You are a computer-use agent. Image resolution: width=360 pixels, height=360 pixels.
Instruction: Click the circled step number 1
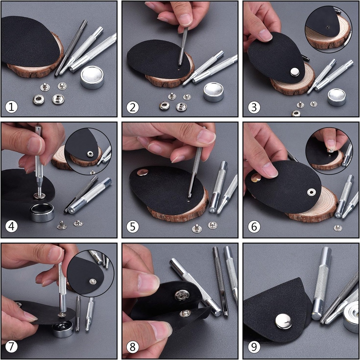tap(12, 107)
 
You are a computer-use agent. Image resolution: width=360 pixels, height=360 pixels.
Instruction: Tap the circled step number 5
tap(132, 227)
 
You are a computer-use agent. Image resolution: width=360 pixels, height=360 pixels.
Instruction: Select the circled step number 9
tap(254, 347)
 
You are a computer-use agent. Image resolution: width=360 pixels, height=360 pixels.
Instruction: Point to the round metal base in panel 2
tap(214, 92)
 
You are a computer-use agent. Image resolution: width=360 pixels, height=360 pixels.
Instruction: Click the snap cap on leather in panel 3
tap(294, 72)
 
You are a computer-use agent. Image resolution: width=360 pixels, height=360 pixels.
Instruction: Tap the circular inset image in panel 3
tap(328, 28)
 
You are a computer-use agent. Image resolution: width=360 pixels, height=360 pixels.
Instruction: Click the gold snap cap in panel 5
tap(143, 172)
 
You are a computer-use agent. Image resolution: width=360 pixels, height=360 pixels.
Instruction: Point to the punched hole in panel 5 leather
tap(189, 202)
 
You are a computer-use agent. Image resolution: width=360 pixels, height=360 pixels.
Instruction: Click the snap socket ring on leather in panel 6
tap(311, 192)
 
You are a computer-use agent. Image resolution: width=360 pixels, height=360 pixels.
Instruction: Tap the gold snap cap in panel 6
tap(256, 178)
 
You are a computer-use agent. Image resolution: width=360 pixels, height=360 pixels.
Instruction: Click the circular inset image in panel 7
tap(90, 274)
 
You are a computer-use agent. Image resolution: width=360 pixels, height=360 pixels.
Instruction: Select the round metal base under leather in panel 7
tap(63, 329)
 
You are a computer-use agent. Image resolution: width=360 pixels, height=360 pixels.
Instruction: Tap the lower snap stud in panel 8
tap(185, 313)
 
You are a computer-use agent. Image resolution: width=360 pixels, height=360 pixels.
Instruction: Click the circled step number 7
tap(12, 347)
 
